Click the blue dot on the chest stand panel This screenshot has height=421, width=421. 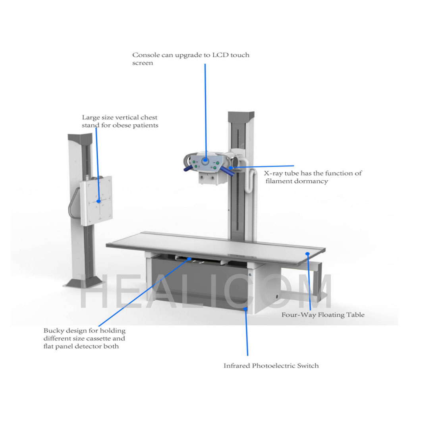pyautogui.click(x=99, y=201)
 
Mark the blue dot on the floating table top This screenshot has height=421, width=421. pyautogui.click(x=307, y=254)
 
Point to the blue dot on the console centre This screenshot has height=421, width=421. pyautogui.click(x=206, y=160)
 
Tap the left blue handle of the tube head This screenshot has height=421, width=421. pyautogui.click(x=189, y=168)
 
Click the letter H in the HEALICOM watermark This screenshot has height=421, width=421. pyautogui.click(x=94, y=291)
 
